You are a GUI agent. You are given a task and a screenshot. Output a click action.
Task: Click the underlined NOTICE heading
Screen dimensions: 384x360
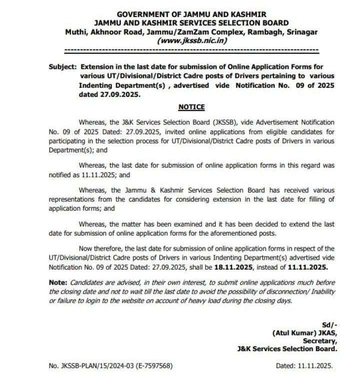pos(191,107)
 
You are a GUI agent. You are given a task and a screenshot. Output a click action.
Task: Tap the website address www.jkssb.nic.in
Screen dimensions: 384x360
pos(192,41)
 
